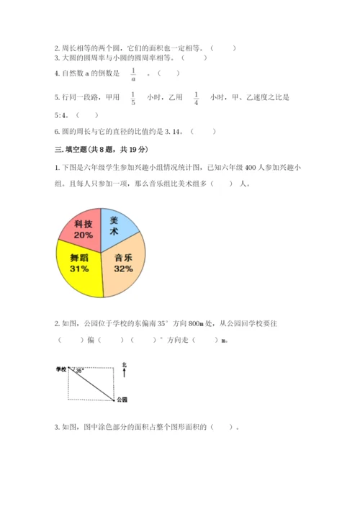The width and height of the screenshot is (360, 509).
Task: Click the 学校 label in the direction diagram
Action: coord(60,369)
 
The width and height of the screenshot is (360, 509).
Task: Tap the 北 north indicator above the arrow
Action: coord(124,365)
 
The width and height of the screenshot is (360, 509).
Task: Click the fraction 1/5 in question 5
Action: coord(133,97)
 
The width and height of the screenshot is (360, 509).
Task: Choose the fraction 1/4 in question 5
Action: coord(197,97)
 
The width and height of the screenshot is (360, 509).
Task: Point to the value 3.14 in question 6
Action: coord(176,131)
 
